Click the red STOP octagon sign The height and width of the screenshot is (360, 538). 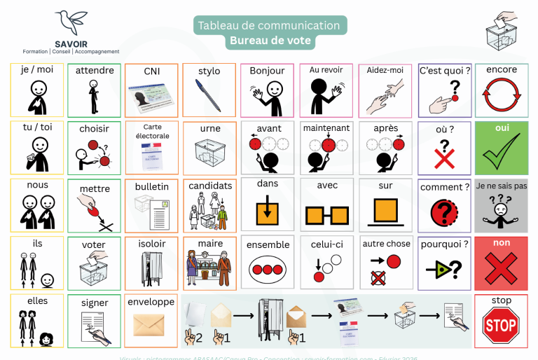500,325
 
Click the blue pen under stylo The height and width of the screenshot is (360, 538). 208,95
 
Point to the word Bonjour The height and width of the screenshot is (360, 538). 267,71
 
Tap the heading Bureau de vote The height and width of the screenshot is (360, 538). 270,41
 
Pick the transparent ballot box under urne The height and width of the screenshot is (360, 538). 208,153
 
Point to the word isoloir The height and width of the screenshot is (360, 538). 152,244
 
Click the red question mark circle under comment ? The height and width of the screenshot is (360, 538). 443,211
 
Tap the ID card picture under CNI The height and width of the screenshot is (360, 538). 151,97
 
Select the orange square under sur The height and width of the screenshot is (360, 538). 386,211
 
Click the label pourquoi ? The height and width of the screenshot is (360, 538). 443,244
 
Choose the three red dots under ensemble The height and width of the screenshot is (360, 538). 267,269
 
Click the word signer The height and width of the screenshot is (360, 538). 94,302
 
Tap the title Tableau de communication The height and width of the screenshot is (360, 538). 269,25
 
